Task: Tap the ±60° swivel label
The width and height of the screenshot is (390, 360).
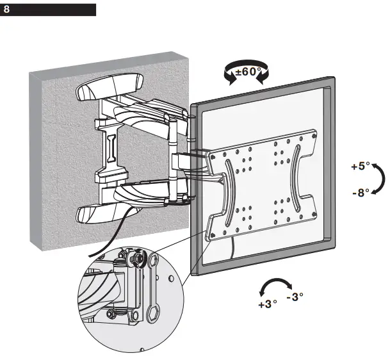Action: (x=248, y=72)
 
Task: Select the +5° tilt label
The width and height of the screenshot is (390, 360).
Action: (x=361, y=166)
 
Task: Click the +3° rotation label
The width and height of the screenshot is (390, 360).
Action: (x=267, y=304)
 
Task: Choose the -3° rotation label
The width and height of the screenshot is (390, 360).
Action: (x=295, y=297)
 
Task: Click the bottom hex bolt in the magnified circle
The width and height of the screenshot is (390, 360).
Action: (x=113, y=315)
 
